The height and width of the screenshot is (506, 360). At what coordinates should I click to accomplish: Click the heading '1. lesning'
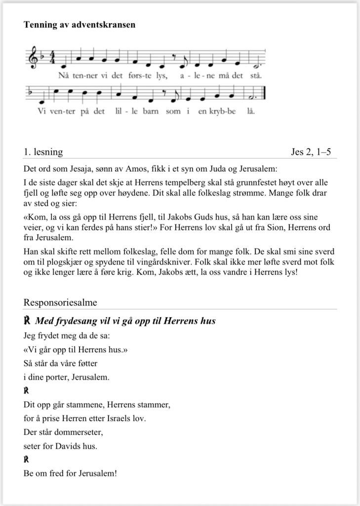43,152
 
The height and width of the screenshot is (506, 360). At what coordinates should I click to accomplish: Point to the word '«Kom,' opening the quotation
35,217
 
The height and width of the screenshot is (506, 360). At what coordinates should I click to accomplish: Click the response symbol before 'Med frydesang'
28,321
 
